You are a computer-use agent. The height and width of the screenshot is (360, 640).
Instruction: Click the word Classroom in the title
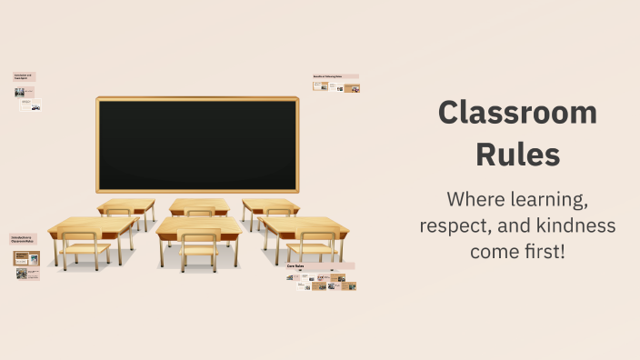(x=517, y=113)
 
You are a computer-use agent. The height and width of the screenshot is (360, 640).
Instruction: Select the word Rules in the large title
(x=517, y=155)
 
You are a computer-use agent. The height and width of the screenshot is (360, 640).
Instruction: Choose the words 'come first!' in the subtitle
(x=517, y=251)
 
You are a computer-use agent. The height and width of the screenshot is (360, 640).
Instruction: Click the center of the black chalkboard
(x=197, y=145)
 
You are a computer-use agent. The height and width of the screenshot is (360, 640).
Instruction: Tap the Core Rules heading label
(x=296, y=266)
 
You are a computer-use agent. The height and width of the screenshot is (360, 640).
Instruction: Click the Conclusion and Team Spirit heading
(x=23, y=76)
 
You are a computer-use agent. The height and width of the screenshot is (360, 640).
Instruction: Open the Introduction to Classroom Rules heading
(x=23, y=239)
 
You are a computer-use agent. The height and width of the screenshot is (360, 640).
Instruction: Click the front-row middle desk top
(x=199, y=225)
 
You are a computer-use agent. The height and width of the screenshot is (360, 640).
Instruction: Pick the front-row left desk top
(x=92, y=225)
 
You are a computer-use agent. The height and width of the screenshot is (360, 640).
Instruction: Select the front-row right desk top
(x=304, y=224)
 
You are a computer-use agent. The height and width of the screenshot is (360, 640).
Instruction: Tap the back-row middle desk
(x=199, y=205)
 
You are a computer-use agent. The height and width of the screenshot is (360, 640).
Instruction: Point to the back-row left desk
(x=126, y=205)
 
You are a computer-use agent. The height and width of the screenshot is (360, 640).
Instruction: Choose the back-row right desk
(x=270, y=205)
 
